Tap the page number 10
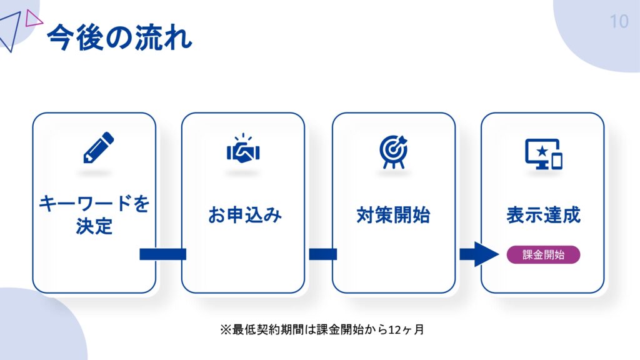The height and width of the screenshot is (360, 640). tap(619, 22)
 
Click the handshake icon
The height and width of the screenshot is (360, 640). tap(243, 150)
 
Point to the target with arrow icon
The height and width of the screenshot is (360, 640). tap(393, 149)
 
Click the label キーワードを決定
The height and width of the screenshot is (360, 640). tap(94, 214)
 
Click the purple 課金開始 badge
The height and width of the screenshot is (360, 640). tap(543, 255)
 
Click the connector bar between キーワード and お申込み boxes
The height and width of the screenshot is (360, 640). tap(162, 254)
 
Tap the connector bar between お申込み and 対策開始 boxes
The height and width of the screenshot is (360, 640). tap(322, 254)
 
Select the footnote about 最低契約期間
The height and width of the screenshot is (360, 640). tap(322, 329)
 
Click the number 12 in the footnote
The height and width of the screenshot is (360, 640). tap(394, 329)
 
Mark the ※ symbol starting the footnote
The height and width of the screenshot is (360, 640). tap(225, 329)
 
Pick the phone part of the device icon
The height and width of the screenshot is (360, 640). tap(556, 161)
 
